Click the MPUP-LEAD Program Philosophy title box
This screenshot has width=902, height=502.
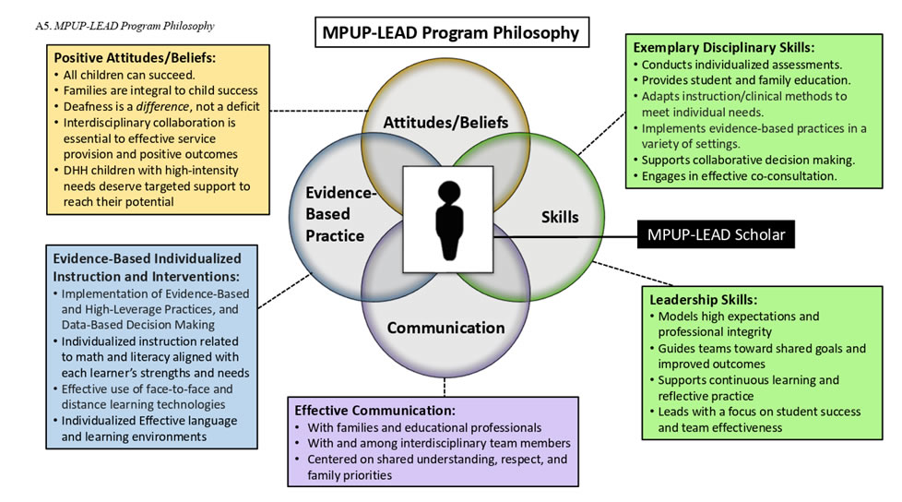(450, 33)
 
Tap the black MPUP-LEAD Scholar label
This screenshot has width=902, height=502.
(715, 235)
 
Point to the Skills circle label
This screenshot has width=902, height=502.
(560, 218)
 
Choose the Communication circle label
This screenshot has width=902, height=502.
(445, 328)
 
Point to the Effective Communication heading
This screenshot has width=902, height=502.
(374, 411)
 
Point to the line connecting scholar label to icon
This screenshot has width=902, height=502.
(563, 235)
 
